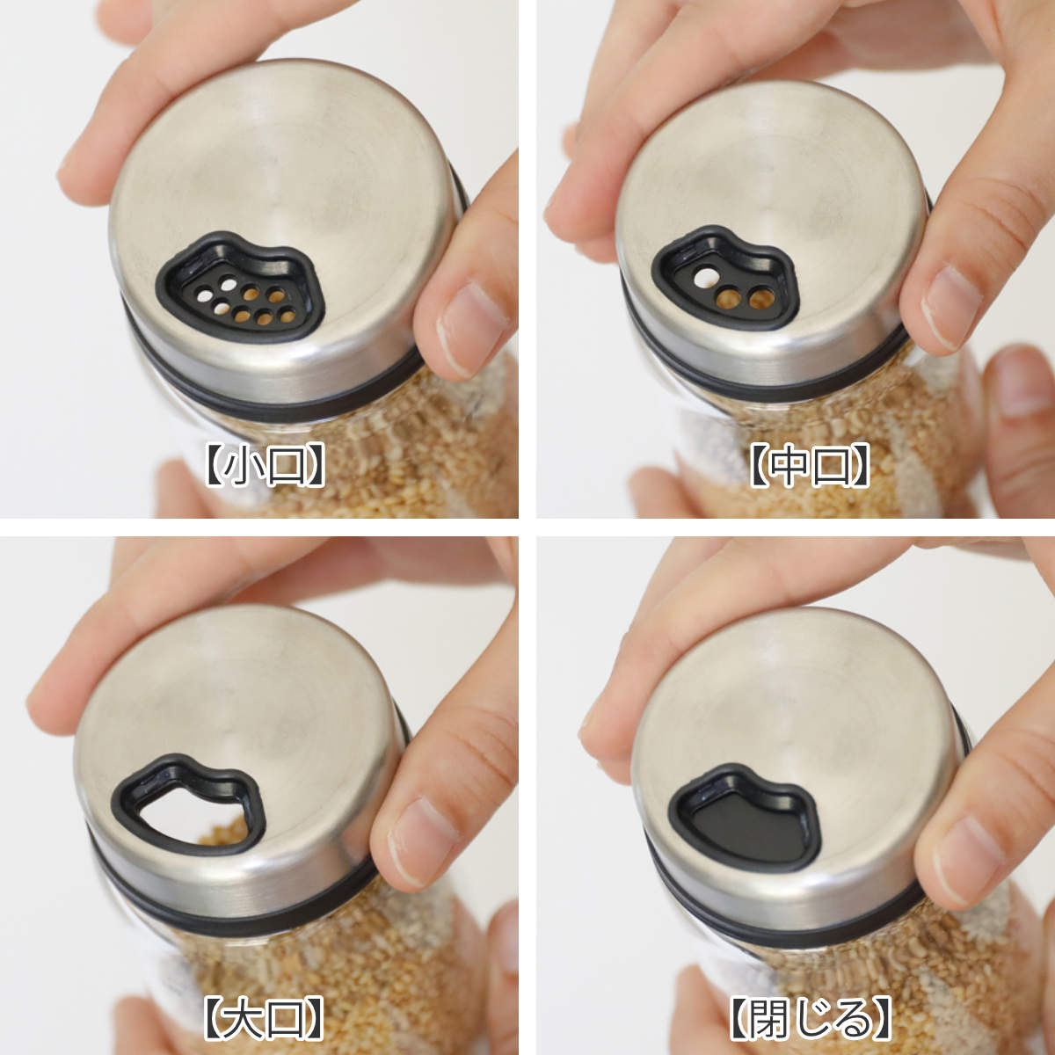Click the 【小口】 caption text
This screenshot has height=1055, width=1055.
click(x=265, y=465)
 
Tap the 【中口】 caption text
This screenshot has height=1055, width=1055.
click(x=809, y=465)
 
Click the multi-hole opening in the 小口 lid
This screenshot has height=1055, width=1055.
click(x=244, y=302)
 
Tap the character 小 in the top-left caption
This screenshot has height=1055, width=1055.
click(x=241, y=465)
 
